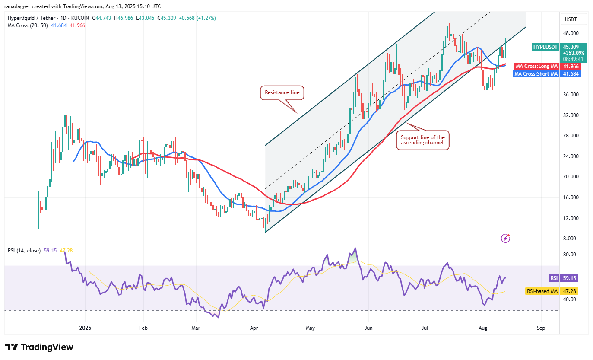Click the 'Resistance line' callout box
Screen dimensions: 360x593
coord(282,92)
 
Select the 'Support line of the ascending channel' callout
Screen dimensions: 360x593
coord(422,140)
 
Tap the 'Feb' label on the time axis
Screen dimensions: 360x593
coord(143,328)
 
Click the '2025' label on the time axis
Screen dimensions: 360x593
coord(85,328)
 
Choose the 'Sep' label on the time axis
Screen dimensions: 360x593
coord(541,328)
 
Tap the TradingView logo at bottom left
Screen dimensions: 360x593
coord(39,347)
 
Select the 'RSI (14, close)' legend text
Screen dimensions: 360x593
coord(24,250)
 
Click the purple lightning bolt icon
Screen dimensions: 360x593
coord(505,238)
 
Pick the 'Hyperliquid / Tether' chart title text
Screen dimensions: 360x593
coord(32,18)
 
